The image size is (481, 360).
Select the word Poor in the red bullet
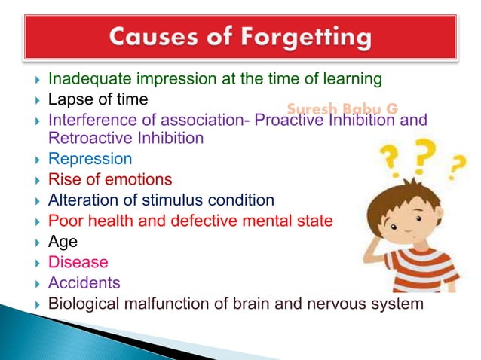63,221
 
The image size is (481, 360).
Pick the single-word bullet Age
63,242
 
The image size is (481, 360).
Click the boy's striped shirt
418,267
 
